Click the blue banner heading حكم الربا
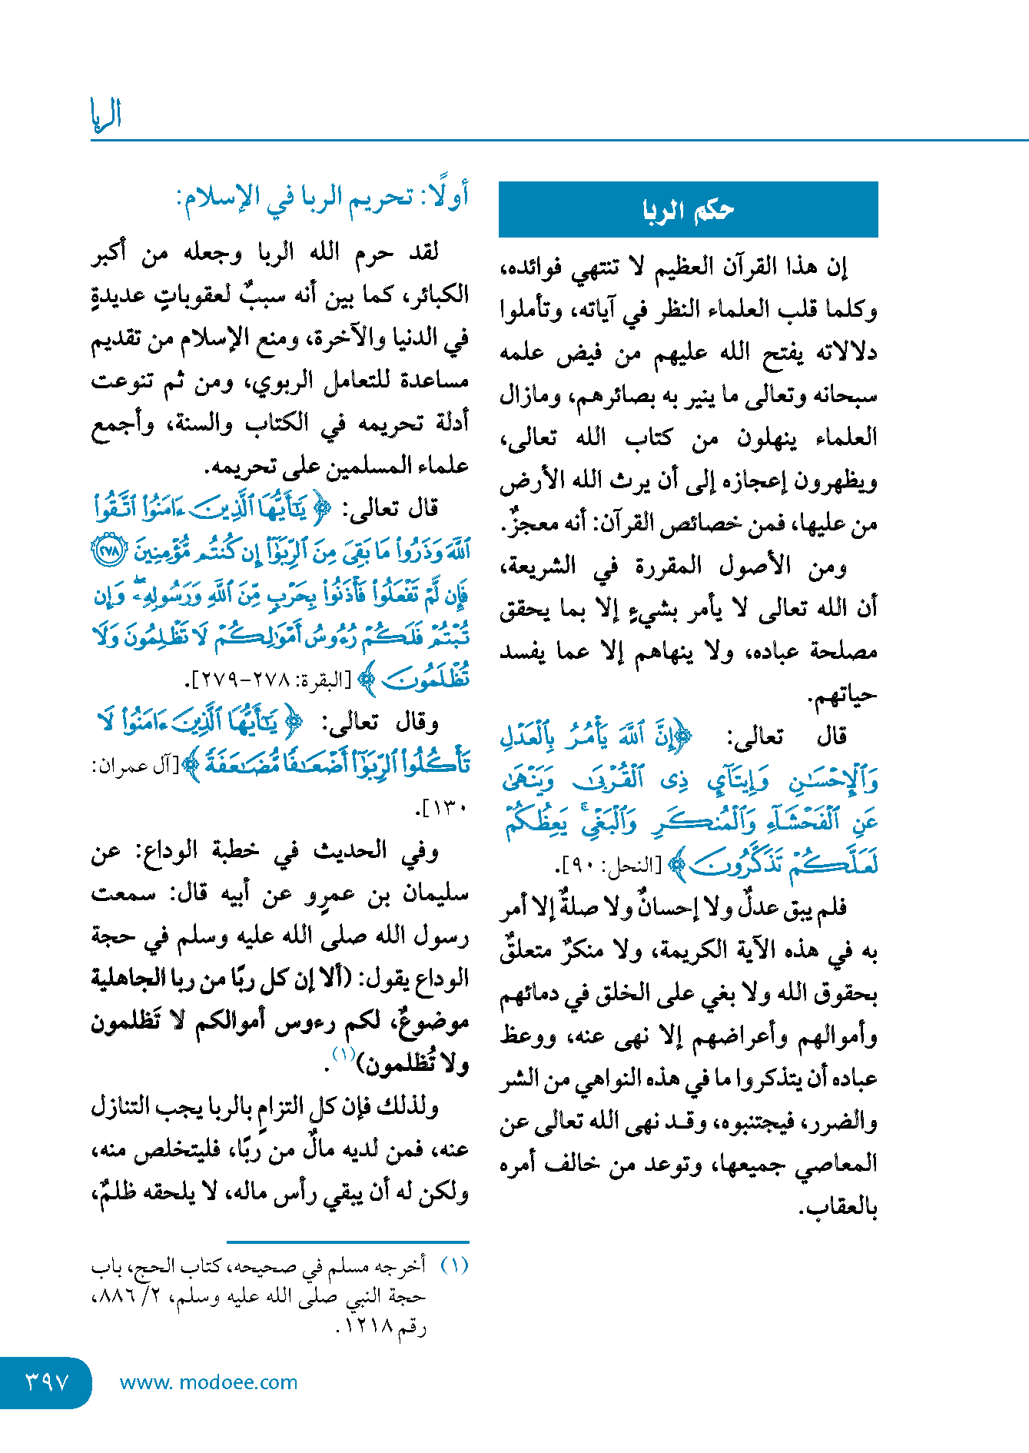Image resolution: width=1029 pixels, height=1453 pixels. (x=688, y=209)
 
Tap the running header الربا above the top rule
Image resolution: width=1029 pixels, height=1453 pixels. (x=106, y=115)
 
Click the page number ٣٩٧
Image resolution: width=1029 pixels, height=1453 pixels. (x=47, y=1382)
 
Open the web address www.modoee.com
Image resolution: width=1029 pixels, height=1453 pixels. (x=208, y=1382)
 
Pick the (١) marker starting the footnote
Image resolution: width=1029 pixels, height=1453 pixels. (x=454, y=1265)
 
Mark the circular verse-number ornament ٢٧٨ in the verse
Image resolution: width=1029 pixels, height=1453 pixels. (x=108, y=551)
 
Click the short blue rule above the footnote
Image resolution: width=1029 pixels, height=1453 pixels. (x=347, y=1242)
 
